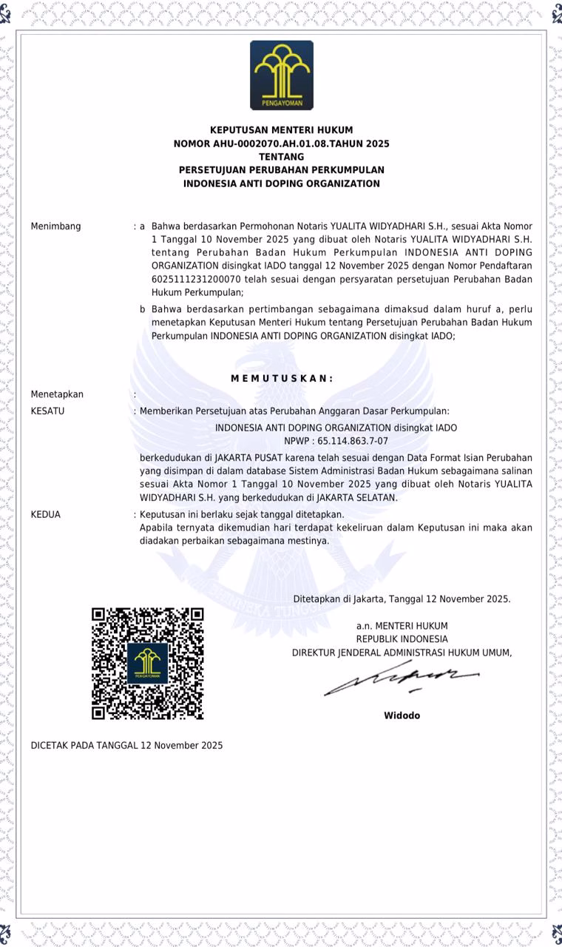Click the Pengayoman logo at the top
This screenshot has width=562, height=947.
[x=281, y=75]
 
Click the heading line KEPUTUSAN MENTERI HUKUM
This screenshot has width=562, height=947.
[x=281, y=130]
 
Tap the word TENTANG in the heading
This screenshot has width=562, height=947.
[x=281, y=157]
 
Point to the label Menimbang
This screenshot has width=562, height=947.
[x=55, y=226]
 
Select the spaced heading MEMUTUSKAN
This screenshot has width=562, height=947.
[x=282, y=379]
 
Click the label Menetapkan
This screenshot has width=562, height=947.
[x=57, y=394]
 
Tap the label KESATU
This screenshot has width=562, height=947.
[x=47, y=411]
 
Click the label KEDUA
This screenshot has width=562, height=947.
[x=46, y=515]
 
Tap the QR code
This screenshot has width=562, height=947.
[x=147, y=664]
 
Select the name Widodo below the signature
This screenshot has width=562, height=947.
[x=402, y=715]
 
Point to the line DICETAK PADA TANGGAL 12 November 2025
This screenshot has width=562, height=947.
[x=126, y=746]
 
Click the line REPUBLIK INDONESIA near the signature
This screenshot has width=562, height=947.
[x=402, y=639]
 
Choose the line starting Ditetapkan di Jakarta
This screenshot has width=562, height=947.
[x=402, y=599]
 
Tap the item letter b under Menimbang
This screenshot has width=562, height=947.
[x=143, y=309]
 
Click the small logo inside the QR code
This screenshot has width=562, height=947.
[x=147, y=663]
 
